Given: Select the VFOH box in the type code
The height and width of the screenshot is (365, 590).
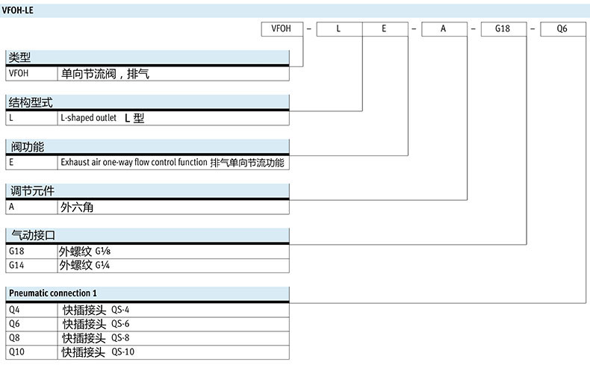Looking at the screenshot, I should click(x=283, y=30).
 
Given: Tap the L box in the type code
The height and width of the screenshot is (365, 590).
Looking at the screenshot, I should click(x=340, y=30).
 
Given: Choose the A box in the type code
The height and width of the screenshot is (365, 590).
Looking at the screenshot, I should click(x=444, y=30).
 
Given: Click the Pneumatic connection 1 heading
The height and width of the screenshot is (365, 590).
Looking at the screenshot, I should click(x=53, y=293).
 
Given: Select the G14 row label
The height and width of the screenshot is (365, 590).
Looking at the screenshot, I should click(x=16, y=265).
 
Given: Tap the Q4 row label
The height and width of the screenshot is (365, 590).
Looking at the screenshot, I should click(x=14, y=309).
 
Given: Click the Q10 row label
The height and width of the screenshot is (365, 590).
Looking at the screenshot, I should click(x=16, y=352).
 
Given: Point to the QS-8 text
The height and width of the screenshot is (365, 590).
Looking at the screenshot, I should click(x=120, y=337).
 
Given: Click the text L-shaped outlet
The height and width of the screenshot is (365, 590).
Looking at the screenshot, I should click(x=88, y=118).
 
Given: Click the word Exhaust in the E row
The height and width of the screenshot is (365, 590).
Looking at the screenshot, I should click(x=75, y=162).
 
